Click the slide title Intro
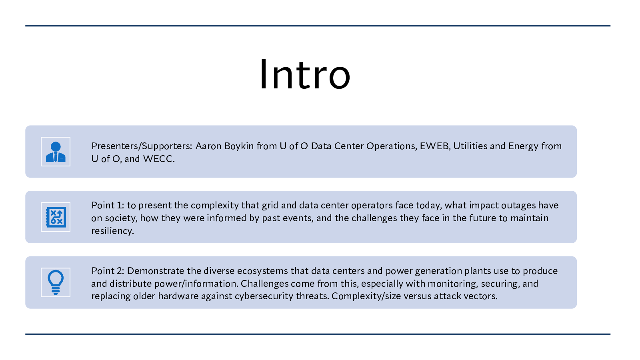pos(305,74)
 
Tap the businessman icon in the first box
pos(56,152)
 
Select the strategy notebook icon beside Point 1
pos(56,217)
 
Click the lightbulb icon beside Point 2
pos(56,282)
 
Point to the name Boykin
pos(239,146)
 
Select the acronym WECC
pos(158,159)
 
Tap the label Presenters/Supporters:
pos(142,146)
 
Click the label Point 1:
pos(108,205)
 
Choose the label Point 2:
pos(108,270)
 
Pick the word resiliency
pos(112,231)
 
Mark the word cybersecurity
pos(264,296)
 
